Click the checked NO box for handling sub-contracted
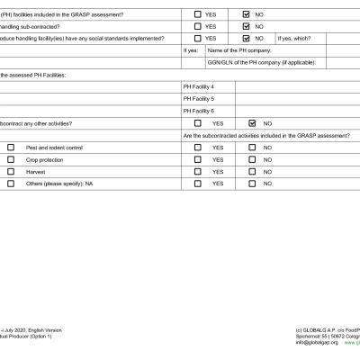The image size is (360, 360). pos(247,27)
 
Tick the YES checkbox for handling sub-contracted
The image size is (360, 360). pos(198,27)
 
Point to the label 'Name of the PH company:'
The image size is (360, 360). pos(239,50)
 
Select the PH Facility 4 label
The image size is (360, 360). pos(198,86)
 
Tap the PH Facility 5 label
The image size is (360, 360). pos(198,98)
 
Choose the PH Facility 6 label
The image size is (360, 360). pos(198,111)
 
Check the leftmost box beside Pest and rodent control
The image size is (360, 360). pos(11,148)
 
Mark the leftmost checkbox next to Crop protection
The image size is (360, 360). pos(11,159)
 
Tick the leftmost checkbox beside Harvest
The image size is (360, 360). pos(11,171)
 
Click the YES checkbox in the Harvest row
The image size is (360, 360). pos(198,171)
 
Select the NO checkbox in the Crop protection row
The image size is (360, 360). pos(253,159)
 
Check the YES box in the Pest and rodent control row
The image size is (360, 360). pos(198,148)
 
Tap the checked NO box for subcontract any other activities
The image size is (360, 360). pos(253,123)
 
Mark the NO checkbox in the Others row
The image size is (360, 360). pos(253,184)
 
